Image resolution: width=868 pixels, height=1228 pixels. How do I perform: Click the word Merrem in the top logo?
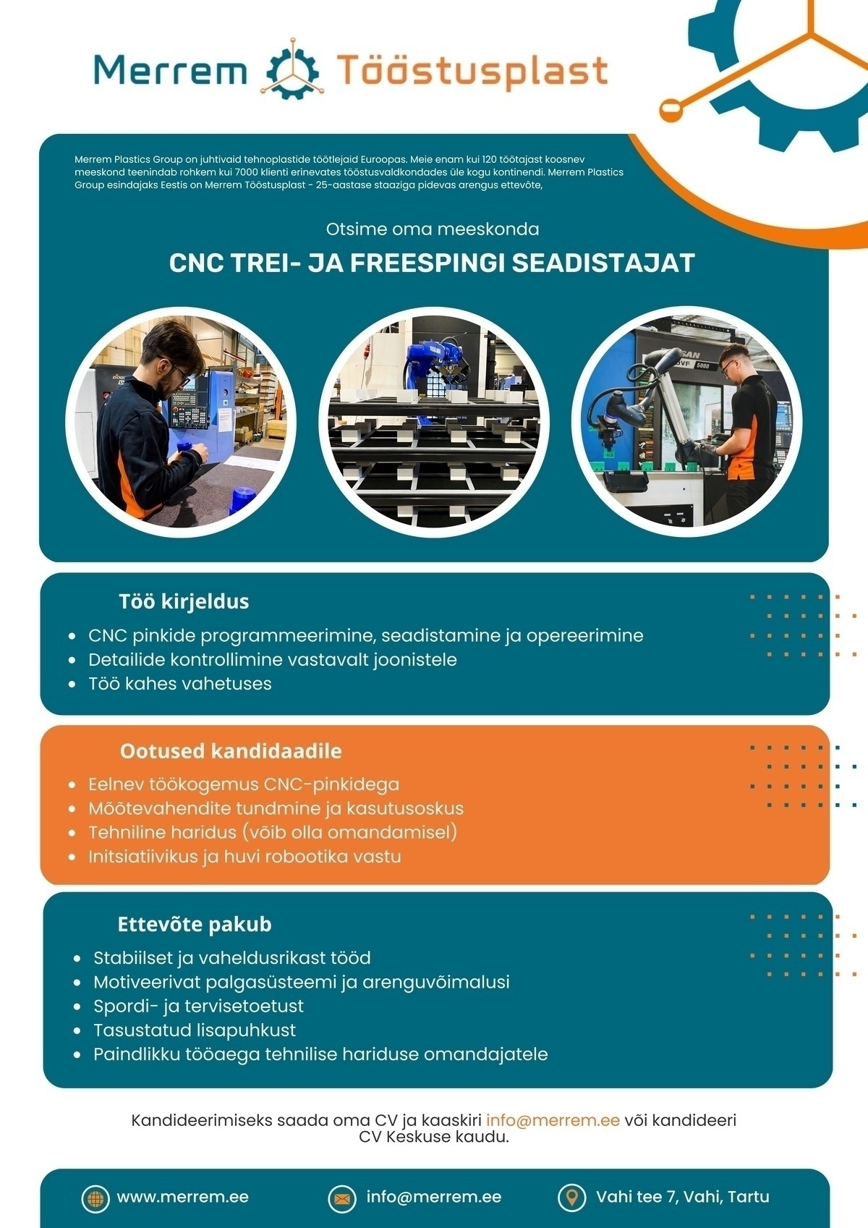[170, 71]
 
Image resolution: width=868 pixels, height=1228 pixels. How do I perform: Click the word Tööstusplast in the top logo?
[472, 71]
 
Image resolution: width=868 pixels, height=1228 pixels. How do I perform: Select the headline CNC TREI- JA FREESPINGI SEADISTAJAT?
[432, 263]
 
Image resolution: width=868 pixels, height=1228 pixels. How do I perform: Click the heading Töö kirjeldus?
[184, 601]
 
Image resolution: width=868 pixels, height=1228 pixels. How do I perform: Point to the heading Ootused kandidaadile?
[231, 751]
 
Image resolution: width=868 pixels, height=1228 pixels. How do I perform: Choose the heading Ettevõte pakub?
[195, 924]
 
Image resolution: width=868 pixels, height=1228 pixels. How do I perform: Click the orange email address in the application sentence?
[553, 1120]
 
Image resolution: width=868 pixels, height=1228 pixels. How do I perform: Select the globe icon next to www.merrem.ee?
[95, 1198]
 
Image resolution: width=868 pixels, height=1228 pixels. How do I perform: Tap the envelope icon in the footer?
[342, 1198]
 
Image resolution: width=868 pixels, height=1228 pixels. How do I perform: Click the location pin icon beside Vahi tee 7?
[571, 1198]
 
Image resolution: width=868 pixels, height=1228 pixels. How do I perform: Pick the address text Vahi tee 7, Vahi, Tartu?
[682, 1197]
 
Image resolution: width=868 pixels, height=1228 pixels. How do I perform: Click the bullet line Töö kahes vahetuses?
[179, 684]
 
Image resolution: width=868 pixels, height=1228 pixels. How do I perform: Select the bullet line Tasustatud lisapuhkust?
[194, 1030]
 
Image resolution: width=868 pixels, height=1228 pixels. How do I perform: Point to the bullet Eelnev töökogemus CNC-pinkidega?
[244, 784]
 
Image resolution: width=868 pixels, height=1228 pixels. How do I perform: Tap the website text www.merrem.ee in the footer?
[182, 1197]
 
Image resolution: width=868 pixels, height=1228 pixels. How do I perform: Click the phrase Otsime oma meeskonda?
[433, 229]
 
